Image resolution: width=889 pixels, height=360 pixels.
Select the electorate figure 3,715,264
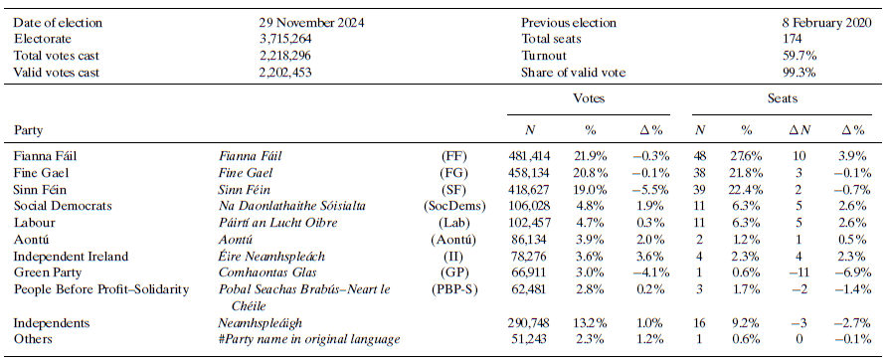tap(281, 39)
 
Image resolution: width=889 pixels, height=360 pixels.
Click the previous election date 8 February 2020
tap(826, 22)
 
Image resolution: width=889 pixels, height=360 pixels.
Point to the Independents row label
tap(50, 323)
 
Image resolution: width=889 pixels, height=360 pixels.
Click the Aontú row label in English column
tap(32, 239)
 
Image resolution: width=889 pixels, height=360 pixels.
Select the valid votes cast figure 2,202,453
tap(281, 73)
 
